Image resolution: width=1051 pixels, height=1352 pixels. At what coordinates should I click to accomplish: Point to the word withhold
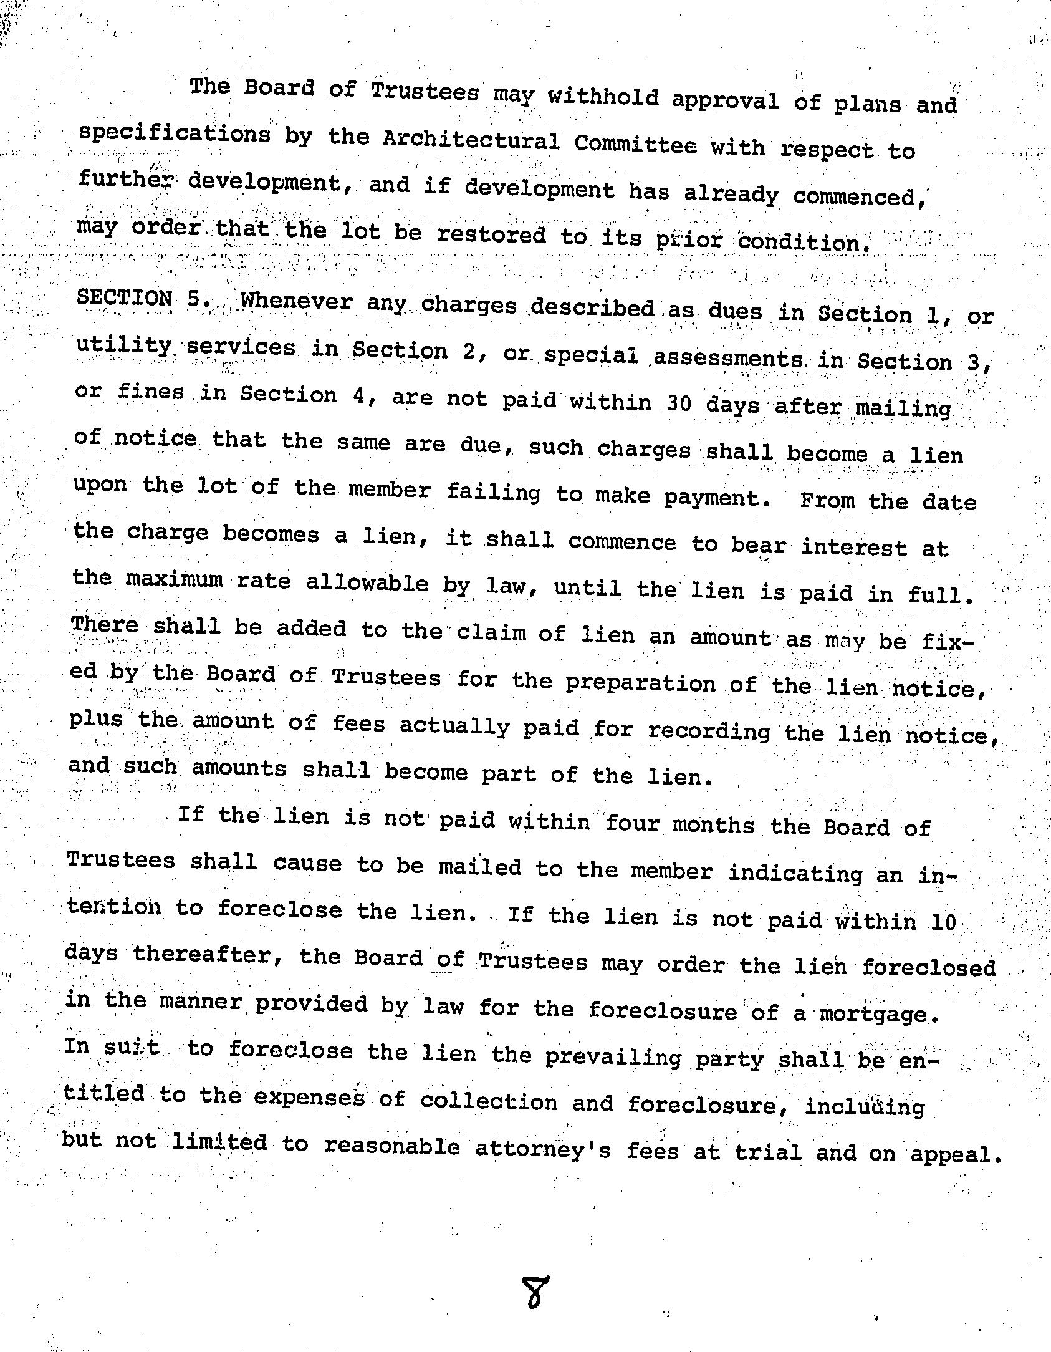point(603,97)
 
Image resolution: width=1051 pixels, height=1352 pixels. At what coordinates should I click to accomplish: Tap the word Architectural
point(471,140)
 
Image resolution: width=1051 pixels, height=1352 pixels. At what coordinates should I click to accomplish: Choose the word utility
point(123,345)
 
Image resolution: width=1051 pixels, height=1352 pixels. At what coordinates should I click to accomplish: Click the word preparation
point(641,683)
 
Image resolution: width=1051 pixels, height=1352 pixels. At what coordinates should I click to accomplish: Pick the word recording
point(709,730)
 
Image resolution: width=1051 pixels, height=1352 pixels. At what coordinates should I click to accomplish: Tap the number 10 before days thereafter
point(943,922)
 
